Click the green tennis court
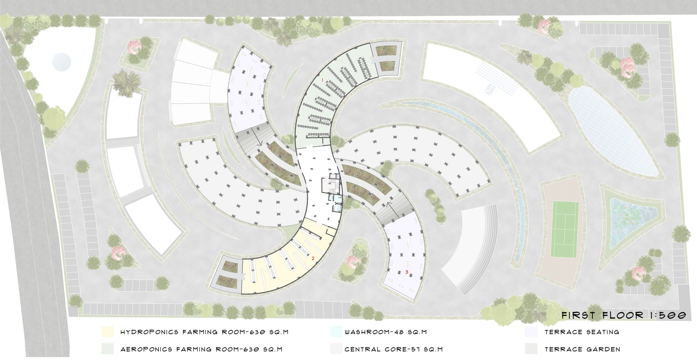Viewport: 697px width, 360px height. click(x=565, y=230)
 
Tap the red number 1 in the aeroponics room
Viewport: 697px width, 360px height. click(x=322, y=80)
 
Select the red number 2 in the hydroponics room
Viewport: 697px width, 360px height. click(x=313, y=259)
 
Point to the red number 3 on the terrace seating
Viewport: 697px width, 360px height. click(x=407, y=272)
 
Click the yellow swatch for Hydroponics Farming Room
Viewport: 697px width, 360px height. click(x=107, y=332)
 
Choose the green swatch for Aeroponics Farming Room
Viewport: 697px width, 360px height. click(x=107, y=349)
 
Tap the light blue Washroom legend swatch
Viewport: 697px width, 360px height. click(x=336, y=332)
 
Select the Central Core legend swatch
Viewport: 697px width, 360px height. click(x=336, y=349)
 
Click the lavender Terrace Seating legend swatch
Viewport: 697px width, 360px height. click(x=531, y=332)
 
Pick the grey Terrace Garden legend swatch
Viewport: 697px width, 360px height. click(x=531, y=349)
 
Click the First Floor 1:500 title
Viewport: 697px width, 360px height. click(x=624, y=315)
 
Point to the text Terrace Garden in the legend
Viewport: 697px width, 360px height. click(x=582, y=349)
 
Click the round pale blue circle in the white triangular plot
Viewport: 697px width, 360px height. click(x=61, y=62)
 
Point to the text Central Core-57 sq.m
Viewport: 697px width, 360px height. click(x=393, y=349)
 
